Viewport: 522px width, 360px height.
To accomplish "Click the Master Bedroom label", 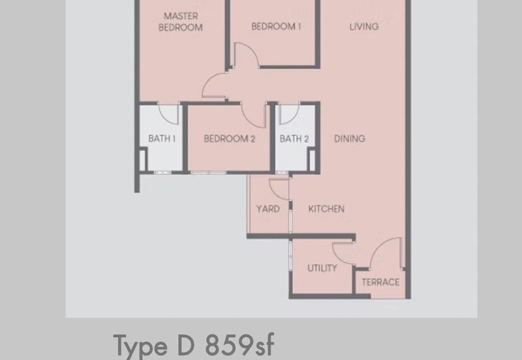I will (x=183, y=22).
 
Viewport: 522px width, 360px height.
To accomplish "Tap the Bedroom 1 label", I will (x=276, y=27).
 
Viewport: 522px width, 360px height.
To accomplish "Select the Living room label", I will (x=363, y=27).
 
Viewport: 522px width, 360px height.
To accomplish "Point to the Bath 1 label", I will (x=162, y=138).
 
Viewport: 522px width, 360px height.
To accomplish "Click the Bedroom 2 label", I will (x=229, y=138).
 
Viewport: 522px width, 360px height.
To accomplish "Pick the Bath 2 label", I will (x=294, y=138).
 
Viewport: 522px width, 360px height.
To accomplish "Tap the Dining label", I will (x=350, y=138).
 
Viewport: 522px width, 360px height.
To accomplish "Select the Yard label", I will (x=268, y=209).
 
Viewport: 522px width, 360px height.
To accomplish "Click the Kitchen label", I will (x=326, y=209).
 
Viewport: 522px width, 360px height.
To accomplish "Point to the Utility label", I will (x=322, y=268).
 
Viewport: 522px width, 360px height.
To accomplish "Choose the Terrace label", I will (x=380, y=282).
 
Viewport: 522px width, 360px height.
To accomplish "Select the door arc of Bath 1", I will (x=170, y=114).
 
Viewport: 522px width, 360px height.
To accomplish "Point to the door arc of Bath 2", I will (x=290, y=114).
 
